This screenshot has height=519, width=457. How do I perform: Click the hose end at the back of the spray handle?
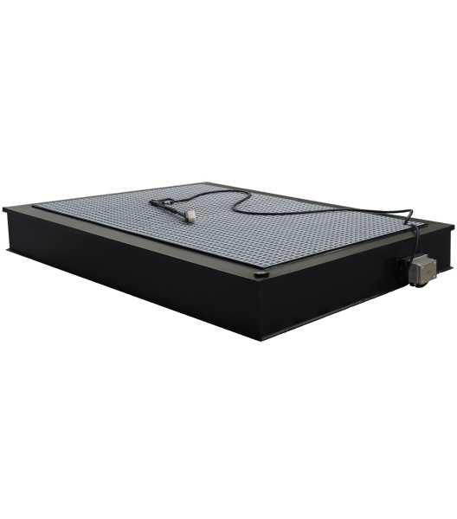153,201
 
